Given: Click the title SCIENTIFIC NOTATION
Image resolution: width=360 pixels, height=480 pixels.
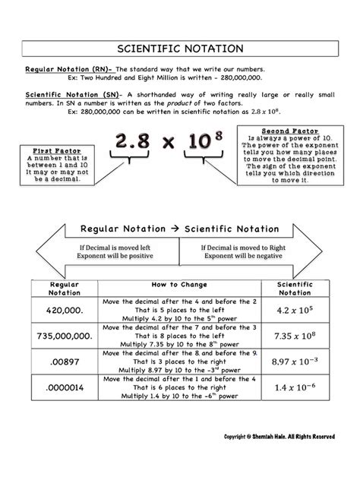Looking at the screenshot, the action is (180, 48).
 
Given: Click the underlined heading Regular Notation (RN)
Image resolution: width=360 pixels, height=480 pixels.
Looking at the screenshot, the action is (64, 69).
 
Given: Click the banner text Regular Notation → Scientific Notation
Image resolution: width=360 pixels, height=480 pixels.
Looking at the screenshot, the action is (179, 228).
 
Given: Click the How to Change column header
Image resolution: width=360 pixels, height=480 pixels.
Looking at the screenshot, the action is (179, 284).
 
